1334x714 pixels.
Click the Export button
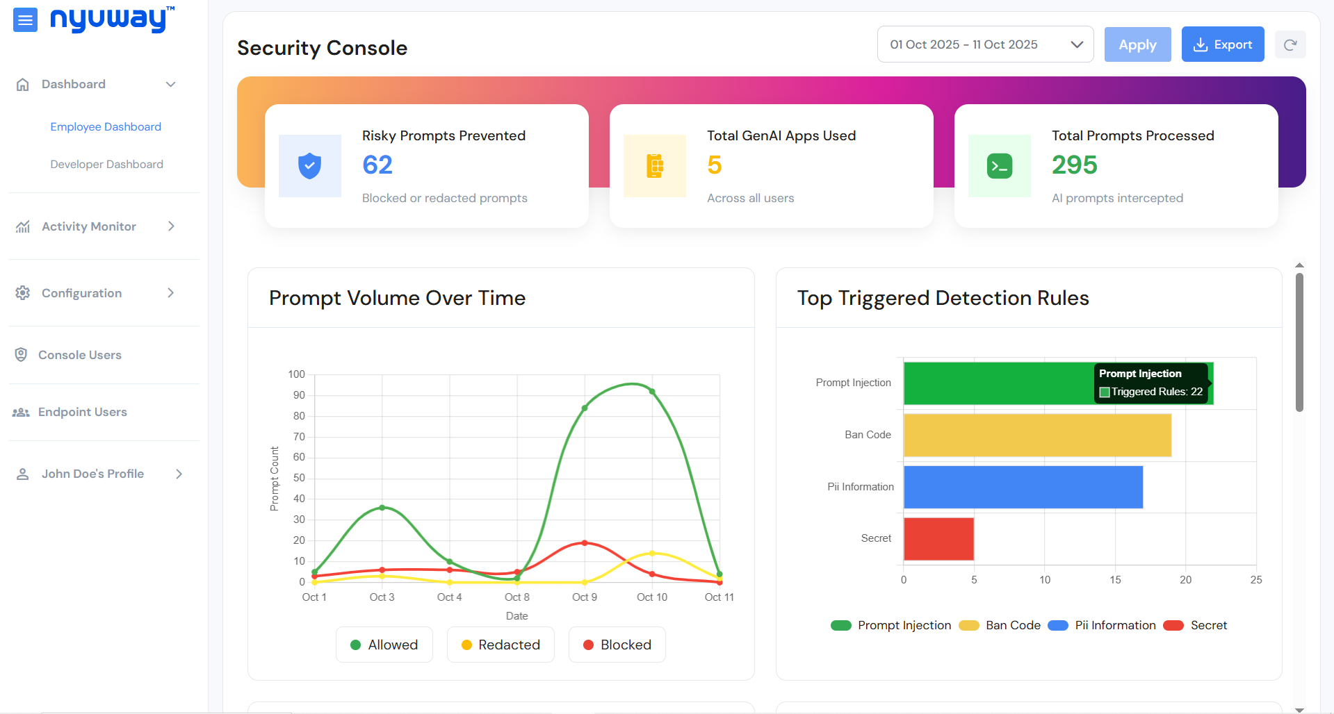pos(1222,44)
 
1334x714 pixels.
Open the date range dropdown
pos(985,44)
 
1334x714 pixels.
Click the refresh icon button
pos(1290,45)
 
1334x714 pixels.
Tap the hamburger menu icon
pos(25,20)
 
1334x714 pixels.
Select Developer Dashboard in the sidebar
pos(106,165)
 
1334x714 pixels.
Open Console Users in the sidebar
pos(80,355)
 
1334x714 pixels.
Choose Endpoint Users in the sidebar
pos(82,412)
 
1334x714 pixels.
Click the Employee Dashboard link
pos(106,127)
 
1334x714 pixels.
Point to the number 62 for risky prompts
pos(377,165)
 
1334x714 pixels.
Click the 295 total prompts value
pos(1074,165)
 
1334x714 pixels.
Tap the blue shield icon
pos(309,166)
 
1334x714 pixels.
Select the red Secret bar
pos(938,539)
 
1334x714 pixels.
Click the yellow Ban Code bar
pos(1037,435)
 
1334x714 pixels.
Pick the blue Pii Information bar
pos(1023,487)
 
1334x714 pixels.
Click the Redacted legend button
pos(501,645)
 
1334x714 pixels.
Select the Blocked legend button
pos(617,645)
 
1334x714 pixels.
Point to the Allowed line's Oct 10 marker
pos(652,392)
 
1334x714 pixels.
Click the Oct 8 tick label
pos(516,597)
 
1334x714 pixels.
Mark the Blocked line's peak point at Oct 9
pos(585,543)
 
